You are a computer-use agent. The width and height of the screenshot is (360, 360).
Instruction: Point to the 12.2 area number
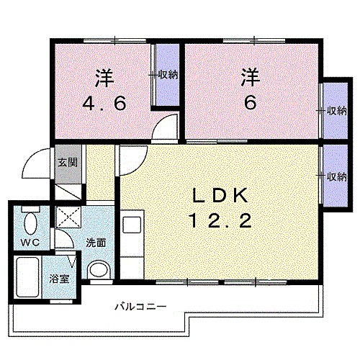click(222, 219)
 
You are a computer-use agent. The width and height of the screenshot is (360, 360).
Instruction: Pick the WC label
click(30, 242)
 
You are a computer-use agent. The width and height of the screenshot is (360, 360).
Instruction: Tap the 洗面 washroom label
click(96, 243)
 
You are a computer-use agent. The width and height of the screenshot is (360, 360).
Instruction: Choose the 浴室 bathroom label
click(58, 279)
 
